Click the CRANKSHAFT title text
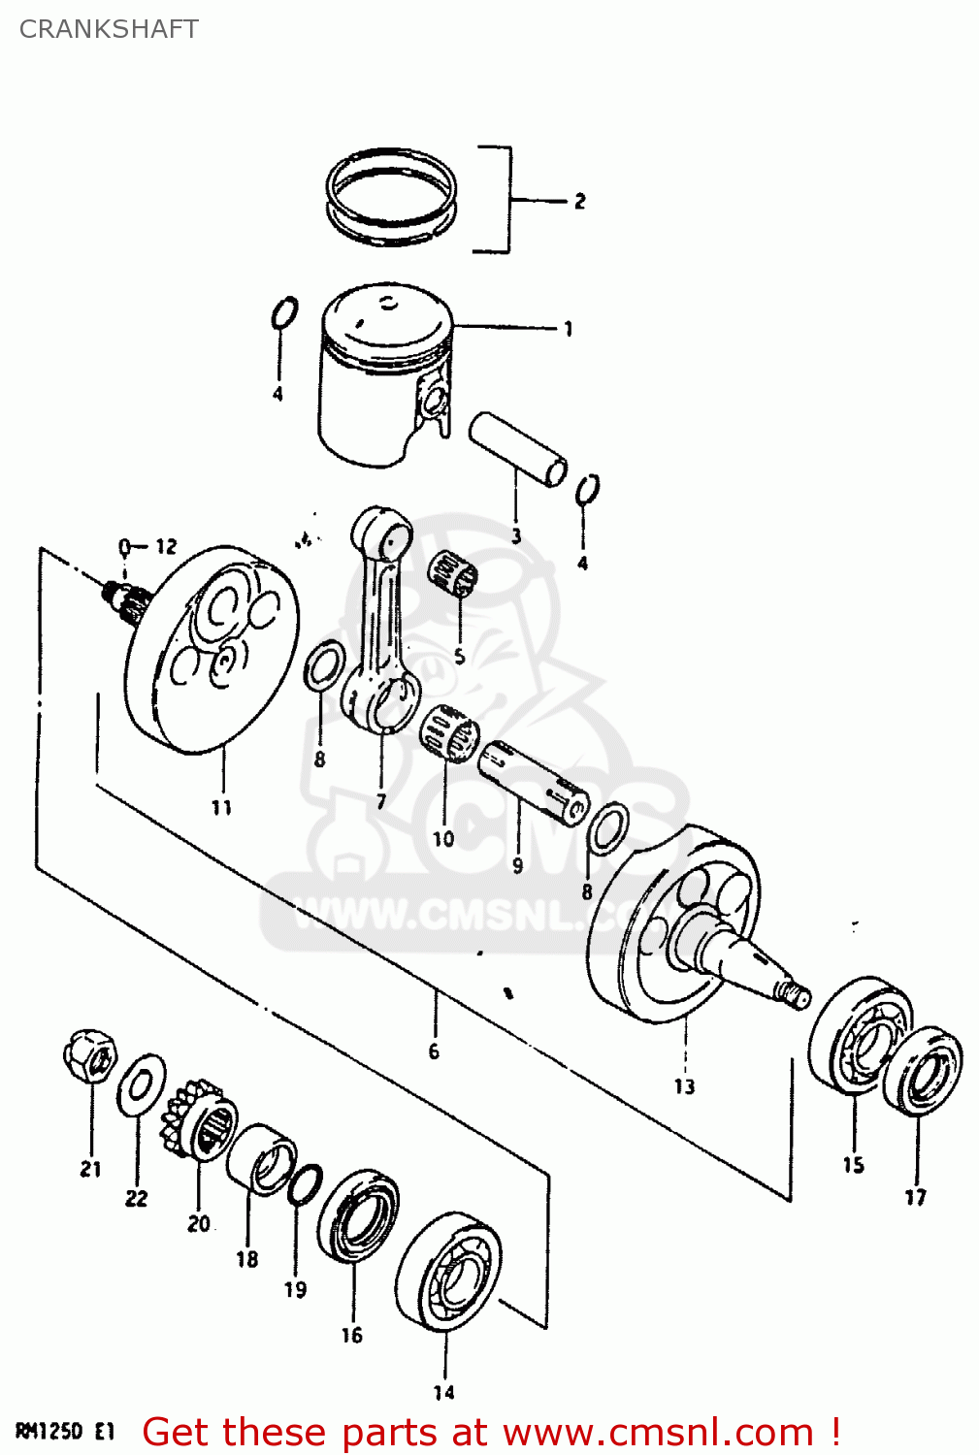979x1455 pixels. (x=109, y=29)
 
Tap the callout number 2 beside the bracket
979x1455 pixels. (x=579, y=201)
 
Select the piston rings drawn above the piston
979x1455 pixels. (x=391, y=197)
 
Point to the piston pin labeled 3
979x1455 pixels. (x=517, y=449)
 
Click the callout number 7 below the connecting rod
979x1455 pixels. (x=381, y=801)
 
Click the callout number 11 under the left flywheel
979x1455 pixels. (x=221, y=807)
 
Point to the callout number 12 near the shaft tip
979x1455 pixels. (x=166, y=546)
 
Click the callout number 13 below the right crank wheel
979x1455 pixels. (x=684, y=1086)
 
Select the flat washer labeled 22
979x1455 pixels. (x=142, y=1083)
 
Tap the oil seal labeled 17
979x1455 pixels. (x=924, y=1071)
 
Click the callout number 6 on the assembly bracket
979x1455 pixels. (x=434, y=1051)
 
